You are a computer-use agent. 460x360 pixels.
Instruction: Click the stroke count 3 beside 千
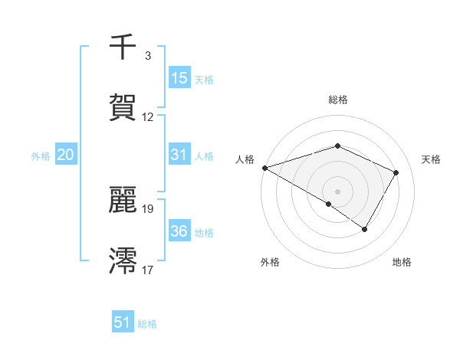click(x=148, y=56)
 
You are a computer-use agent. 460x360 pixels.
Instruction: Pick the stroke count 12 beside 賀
click(x=148, y=117)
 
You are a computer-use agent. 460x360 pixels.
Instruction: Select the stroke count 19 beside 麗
click(x=148, y=208)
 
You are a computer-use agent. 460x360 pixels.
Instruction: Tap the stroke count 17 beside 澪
click(x=148, y=270)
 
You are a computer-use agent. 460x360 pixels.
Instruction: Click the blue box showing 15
click(x=179, y=78)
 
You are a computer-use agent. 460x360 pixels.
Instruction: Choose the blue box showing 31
click(x=179, y=155)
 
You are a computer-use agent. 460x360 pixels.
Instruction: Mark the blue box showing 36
click(x=179, y=231)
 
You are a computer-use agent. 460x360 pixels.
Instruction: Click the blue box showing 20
click(x=66, y=155)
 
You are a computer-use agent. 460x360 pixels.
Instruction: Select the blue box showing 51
click(x=123, y=322)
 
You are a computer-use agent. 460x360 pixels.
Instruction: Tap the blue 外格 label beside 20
click(x=41, y=155)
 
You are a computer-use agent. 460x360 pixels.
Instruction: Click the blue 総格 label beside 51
click(x=147, y=324)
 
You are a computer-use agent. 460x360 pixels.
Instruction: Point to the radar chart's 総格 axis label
click(x=337, y=100)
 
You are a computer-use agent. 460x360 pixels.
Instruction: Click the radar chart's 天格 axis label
click(x=431, y=159)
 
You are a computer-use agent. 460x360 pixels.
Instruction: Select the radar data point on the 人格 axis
click(x=264, y=167)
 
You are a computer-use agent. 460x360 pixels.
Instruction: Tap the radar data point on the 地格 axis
click(x=365, y=229)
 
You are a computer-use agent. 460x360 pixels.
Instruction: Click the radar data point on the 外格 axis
click(x=329, y=204)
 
